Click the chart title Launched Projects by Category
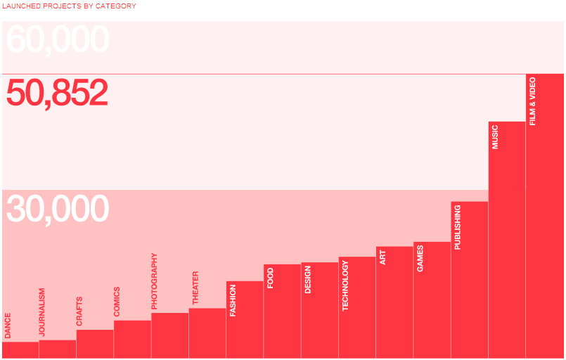70,6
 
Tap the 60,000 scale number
58,39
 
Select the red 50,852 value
57,92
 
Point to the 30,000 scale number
58,209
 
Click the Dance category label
8,326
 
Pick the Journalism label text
42,312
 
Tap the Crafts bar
95,344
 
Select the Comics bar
132,340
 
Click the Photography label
154,281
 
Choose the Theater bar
207,333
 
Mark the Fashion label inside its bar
233,301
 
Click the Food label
271,278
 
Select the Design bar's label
307,279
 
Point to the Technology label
345,285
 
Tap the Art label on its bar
382,257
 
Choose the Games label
420,259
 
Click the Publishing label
457,227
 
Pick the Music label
495,137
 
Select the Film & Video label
532,101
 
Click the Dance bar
20,350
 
